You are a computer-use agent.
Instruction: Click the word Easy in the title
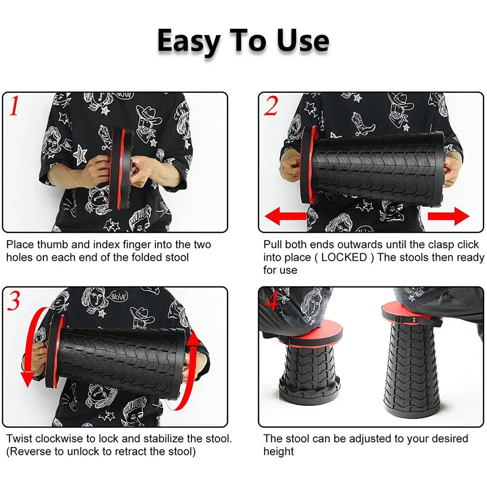pos(189,41)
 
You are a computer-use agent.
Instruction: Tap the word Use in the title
pos(303,40)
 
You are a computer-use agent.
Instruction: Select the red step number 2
pos(271,106)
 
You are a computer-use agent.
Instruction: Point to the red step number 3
pos(13,300)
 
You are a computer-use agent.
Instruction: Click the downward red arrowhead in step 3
pos(27,378)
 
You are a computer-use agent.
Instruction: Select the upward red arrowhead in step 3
pos(194,339)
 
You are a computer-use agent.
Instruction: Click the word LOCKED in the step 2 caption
pos(344,257)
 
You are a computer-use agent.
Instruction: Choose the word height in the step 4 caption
pos(278,452)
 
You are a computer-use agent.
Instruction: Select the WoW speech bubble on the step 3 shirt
pos(118,296)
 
